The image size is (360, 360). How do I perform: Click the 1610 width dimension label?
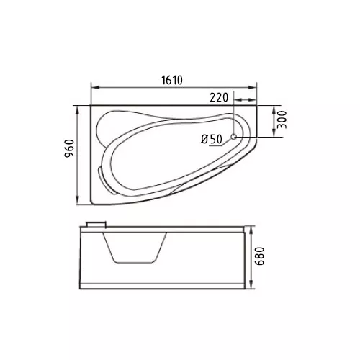coord(172,80)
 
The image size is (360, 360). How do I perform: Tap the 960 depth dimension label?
coord(70,148)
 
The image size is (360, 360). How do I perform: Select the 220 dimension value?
coord(219,97)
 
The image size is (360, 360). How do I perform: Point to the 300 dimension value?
coord(282,120)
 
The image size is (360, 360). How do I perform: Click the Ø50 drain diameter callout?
coord(212,139)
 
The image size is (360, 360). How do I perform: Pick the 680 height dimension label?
coord(260,256)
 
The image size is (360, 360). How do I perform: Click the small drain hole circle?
coord(234,137)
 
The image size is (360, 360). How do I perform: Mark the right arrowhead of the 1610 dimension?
coord(253,88)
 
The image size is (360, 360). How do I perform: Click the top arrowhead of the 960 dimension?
coord(77,110)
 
